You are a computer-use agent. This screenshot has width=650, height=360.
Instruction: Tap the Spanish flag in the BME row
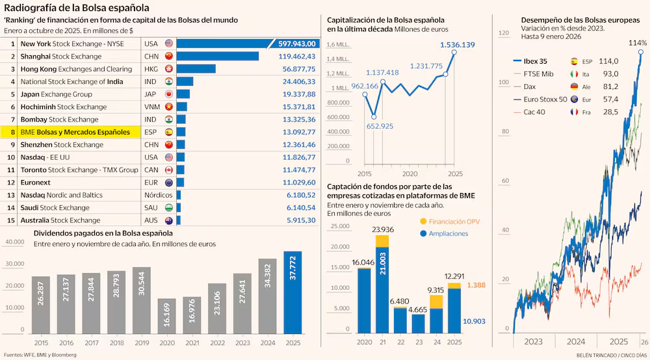pyautogui.click(x=168, y=132)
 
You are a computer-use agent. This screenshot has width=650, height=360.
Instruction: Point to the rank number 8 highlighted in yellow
pyautogui.click(x=12, y=132)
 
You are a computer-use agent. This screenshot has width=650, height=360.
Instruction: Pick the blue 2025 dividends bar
pyautogui.click(x=292, y=292)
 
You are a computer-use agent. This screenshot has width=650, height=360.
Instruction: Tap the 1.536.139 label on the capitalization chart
pyautogui.click(x=457, y=45)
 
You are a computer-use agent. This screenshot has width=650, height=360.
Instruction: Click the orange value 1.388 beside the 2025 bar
pyautogui.click(x=476, y=285)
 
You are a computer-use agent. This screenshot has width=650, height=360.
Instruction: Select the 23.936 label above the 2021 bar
pyautogui.click(x=382, y=229)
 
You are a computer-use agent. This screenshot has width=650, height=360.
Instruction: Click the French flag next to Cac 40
pyautogui.click(x=575, y=112)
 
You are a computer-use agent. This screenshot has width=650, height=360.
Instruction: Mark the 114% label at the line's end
pyautogui.click(x=638, y=43)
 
